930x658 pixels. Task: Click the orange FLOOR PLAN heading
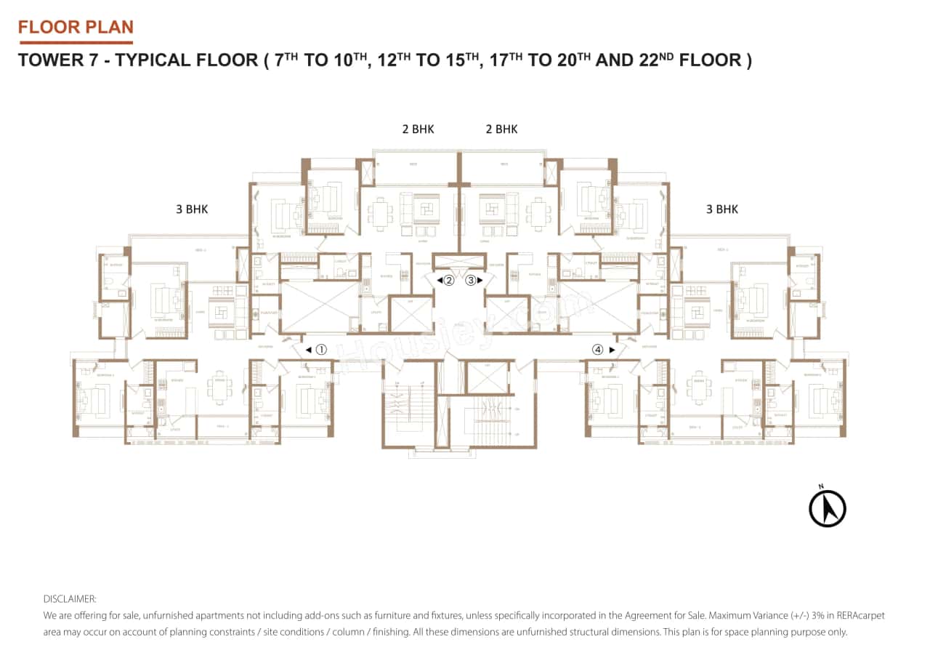click(x=76, y=28)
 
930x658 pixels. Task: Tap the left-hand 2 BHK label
click(x=418, y=129)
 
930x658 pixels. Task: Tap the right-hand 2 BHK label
click(x=501, y=129)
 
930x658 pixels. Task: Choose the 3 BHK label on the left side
click(x=192, y=209)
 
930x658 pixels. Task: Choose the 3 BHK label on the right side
click(x=721, y=209)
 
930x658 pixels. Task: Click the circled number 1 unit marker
click(x=321, y=350)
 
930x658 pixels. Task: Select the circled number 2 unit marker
click(x=449, y=280)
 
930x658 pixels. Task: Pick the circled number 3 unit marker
click(x=470, y=280)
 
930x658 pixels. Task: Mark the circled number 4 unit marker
click(x=597, y=350)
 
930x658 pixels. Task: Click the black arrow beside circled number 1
click(x=308, y=350)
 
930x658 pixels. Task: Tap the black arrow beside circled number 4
click(x=611, y=350)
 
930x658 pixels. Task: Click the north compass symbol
click(x=828, y=507)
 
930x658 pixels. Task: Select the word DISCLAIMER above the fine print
click(x=70, y=599)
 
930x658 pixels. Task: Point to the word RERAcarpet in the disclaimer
click(x=862, y=616)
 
